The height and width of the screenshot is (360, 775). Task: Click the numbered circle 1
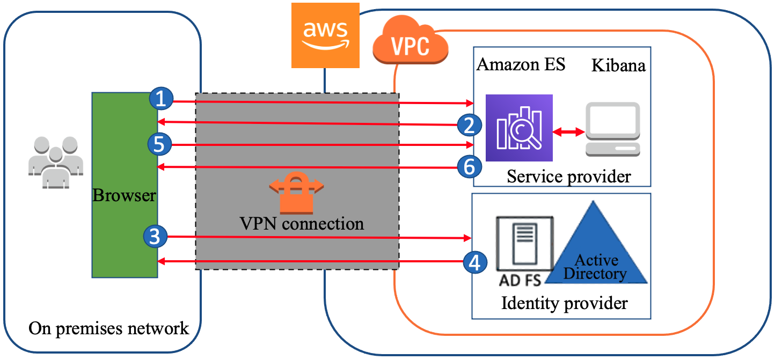[x=160, y=99]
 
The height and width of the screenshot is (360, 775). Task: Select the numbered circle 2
[x=469, y=125]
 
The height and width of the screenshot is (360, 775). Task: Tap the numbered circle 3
[x=155, y=237]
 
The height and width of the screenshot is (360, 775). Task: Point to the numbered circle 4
[x=474, y=262]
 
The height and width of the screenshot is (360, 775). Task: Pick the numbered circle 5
[x=159, y=144]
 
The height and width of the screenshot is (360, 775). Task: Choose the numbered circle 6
[x=469, y=167]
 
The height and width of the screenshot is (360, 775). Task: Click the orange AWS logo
[x=325, y=35]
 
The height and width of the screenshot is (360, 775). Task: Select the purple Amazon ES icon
[x=518, y=128]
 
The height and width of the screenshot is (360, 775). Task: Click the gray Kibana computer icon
[x=613, y=129]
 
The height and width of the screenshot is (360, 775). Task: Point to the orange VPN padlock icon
[x=296, y=192]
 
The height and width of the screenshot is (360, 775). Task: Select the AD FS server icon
[x=525, y=244]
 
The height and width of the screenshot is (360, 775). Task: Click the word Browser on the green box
[x=125, y=195]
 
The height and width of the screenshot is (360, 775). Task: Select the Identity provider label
[x=564, y=303]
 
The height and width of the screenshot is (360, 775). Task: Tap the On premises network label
[x=109, y=328]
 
